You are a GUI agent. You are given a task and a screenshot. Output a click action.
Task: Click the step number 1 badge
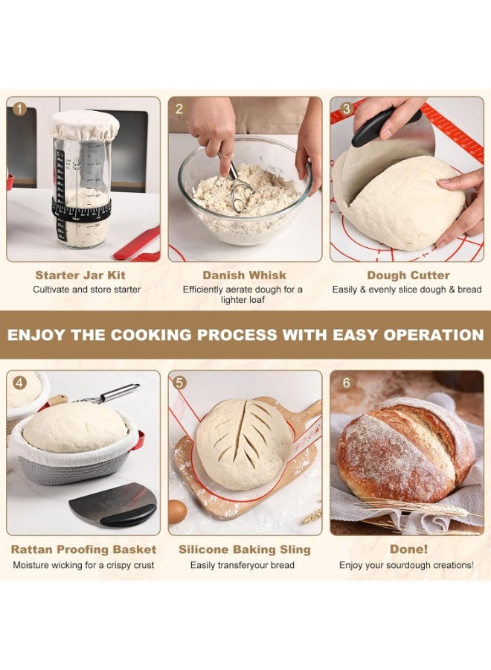(x=20, y=109)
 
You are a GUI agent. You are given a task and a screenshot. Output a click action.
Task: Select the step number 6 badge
(x=345, y=383)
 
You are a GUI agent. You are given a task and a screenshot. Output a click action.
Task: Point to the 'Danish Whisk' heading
(x=244, y=275)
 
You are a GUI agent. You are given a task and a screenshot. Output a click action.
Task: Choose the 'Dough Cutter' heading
(x=407, y=275)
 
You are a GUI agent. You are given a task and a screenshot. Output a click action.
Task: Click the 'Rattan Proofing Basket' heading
(x=83, y=549)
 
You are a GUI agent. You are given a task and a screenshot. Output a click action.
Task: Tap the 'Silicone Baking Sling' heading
(x=244, y=549)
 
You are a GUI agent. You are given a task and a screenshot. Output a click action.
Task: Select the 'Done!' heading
(x=408, y=549)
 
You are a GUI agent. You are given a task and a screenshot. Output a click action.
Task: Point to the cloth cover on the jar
(x=84, y=125)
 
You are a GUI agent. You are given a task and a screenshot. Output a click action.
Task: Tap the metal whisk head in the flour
(x=241, y=195)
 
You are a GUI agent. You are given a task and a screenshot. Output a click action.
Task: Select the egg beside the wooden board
(x=178, y=511)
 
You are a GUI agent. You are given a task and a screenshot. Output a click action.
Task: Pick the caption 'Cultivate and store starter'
(x=86, y=290)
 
